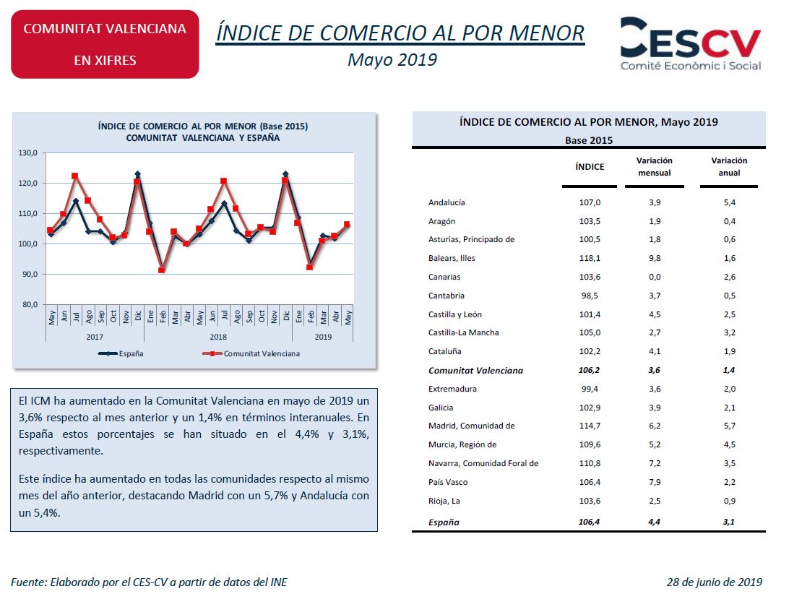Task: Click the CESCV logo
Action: coord(691,44)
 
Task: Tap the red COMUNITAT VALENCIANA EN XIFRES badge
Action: coord(105,45)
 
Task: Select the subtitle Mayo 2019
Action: coord(392,60)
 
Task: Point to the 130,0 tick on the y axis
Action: coord(27,153)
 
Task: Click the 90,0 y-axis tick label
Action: coord(30,274)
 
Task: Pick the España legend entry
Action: coord(121,353)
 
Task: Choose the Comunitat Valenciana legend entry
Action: coord(251,353)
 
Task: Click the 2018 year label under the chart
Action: coord(218,337)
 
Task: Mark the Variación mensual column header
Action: coord(654,167)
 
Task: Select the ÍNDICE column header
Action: coord(590,167)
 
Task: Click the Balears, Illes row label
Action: coord(452,258)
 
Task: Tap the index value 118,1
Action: coord(590,258)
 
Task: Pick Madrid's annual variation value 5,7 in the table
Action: coord(729,426)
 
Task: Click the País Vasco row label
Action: coord(448,482)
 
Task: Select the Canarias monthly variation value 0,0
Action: coord(655,277)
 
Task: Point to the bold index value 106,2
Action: coord(590,370)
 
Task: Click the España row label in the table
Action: coord(444,522)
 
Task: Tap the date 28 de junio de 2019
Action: coord(714,582)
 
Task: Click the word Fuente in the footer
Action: coord(28,582)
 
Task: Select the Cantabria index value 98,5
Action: coord(590,296)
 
